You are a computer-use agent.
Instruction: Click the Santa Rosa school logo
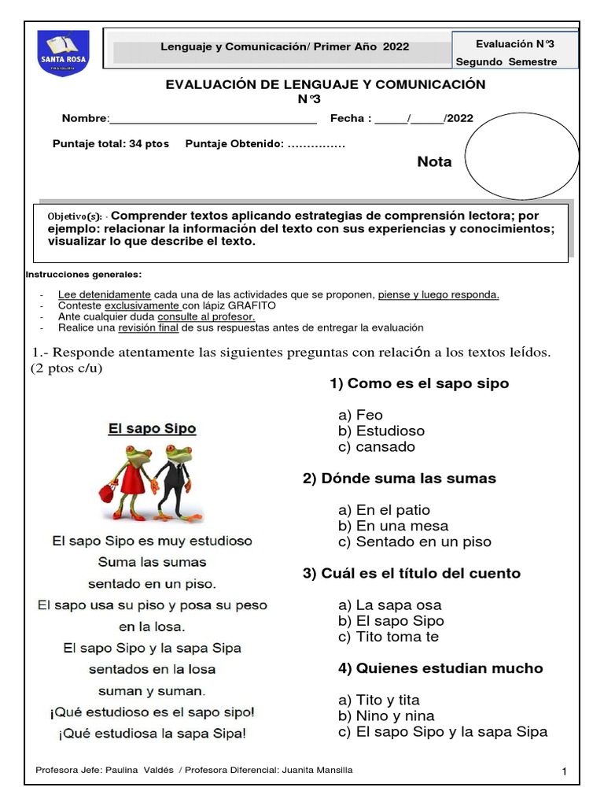tap(63, 52)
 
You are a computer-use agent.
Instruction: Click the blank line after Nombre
tap(213, 120)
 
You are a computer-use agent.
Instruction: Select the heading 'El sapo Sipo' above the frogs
tap(152, 429)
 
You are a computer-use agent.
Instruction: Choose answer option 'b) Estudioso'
tap(381, 431)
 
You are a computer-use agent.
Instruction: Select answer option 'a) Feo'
tap(360, 415)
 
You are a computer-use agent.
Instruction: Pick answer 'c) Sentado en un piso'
tap(414, 542)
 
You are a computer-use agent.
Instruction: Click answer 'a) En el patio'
tap(384, 510)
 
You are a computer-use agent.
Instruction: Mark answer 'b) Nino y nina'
tap(386, 716)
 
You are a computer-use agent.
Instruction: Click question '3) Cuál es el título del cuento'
tap(411, 574)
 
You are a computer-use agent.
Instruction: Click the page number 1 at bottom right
tap(564, 772)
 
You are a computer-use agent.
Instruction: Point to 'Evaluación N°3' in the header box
tap(515, 45)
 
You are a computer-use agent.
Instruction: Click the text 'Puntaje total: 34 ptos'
tap(110, 144)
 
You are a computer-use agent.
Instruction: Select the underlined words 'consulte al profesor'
tap(206, 316)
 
